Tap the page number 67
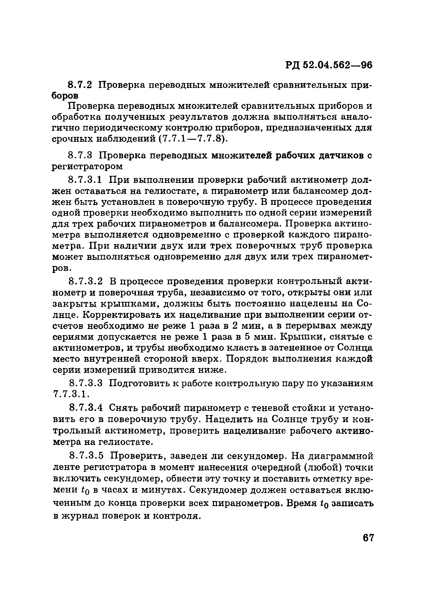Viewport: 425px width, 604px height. tap(368, 538)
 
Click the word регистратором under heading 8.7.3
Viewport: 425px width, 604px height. tap(87, 167)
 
